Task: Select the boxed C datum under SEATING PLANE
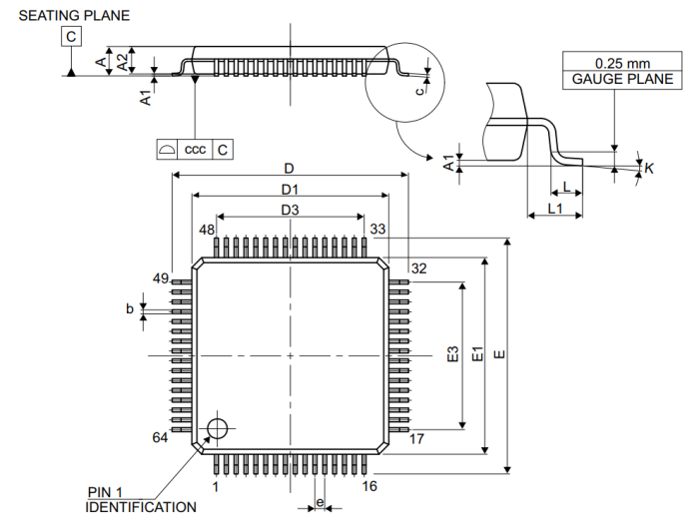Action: click(71, 38)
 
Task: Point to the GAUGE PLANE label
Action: click(609, 79)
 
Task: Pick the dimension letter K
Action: click(649, 169)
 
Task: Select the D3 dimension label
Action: click(291, 210)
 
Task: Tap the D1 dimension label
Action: click(291, 189)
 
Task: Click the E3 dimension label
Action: click(452, 354)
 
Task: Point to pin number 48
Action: click(207, 230)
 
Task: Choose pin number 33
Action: click(377, 230)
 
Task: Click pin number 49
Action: click(160, 276)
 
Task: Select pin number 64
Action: click(160, 438)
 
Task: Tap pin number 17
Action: click(418, 438)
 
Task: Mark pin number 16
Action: click(369, 486)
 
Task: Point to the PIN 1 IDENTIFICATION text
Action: click(140, 499)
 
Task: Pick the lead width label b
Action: click(130, 309)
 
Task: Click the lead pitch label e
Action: click(320, 502)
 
